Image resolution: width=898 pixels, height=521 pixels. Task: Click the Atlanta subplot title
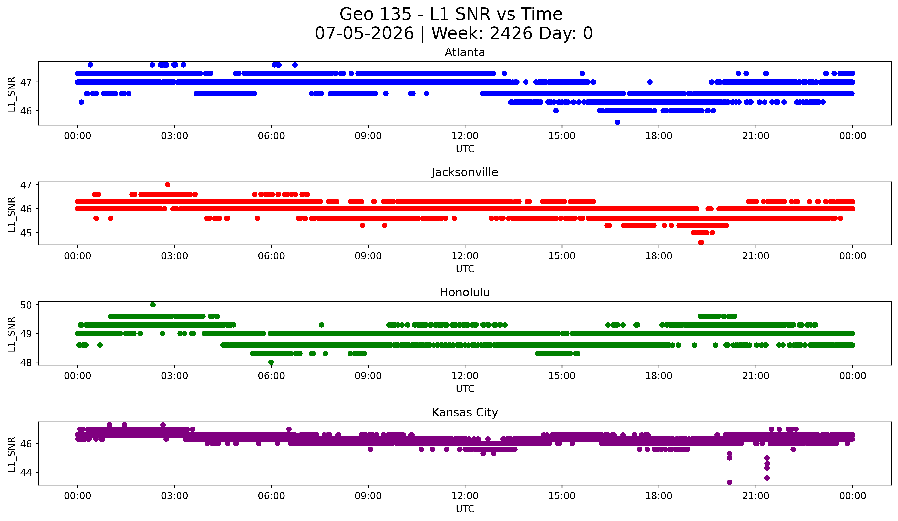465,52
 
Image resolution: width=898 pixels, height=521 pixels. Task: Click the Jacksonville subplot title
465,172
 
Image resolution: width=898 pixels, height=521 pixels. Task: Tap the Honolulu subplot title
465,292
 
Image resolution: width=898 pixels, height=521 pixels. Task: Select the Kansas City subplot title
465,412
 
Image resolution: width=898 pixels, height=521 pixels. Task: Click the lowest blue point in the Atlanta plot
618,122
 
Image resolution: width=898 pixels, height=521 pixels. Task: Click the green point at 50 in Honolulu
153,305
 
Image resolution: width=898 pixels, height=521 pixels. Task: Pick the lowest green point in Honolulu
271,362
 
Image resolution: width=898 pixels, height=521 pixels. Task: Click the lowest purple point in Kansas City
729,482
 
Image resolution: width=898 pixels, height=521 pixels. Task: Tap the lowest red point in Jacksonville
701,242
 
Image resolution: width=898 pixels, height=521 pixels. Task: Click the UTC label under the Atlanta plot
465,149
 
